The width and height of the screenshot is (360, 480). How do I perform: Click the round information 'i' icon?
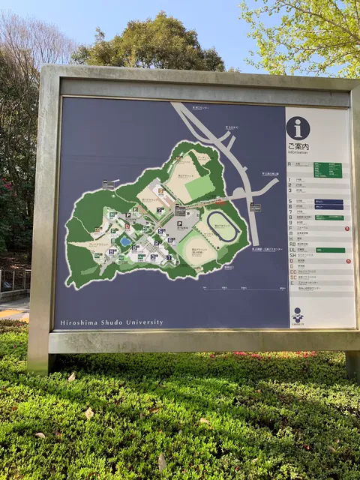(x=298, y=127)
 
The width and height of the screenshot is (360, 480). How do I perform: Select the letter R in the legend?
(x=290, y=163)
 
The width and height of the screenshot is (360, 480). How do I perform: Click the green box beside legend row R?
(x=327, y=170)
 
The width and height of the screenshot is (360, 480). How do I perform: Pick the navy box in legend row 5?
(x=328, y=200)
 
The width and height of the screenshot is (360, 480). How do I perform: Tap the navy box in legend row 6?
(x=328, y=206)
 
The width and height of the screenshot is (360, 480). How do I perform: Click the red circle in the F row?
(x=347, y=228)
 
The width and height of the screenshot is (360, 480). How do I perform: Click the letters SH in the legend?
(x=292, y=255)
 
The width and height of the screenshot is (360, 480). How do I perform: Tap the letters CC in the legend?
(x=292, y=271)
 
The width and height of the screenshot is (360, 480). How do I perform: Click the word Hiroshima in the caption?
(x=76, y=322)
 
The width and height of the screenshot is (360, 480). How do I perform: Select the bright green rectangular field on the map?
(x=199, y=187)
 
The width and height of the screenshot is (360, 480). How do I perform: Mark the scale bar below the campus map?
(x=225, y=288)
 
